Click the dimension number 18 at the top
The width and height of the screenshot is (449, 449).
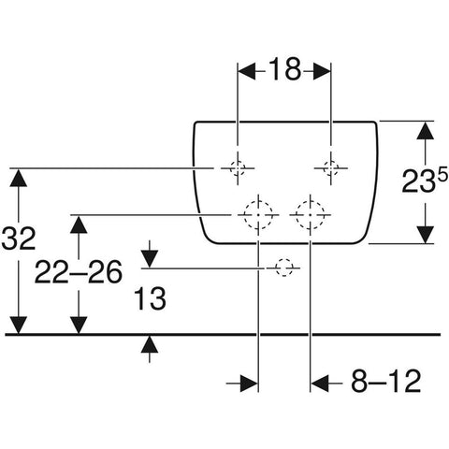284,69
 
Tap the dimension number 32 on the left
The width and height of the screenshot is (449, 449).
19,238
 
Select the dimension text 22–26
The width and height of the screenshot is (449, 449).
79,272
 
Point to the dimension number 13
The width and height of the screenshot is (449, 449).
150,299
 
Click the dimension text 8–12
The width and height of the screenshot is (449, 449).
385,381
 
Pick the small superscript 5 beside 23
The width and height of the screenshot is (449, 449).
442,173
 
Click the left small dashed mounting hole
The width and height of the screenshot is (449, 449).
238,168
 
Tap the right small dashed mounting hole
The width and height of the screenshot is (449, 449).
331,168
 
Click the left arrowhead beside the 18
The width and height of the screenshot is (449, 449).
247,71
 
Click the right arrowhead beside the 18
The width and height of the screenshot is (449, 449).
322,71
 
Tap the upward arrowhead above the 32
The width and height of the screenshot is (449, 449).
19,178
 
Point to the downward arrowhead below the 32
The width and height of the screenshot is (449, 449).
19,326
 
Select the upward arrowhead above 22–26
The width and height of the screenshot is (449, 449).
79,224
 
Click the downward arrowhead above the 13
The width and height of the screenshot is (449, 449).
150,258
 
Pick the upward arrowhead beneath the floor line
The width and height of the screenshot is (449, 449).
150,344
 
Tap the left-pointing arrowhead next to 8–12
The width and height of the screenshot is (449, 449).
320,384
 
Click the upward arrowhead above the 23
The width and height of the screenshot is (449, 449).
426,130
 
